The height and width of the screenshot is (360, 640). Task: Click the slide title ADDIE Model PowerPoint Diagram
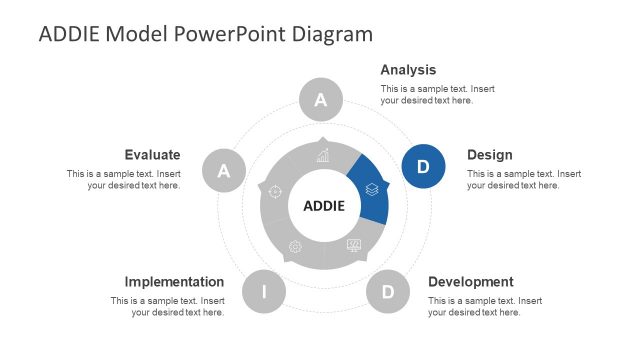click(205, 34)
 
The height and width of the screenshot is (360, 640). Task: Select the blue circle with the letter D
click(423, 166)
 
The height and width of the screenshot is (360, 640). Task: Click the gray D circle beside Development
click(387, 292)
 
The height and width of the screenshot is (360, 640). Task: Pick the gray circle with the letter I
click(264, 292)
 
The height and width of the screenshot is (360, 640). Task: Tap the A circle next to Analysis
click(321, 100)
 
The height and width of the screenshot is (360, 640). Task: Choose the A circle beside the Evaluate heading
click(224, 171)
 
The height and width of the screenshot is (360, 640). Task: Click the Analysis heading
click(408, 70)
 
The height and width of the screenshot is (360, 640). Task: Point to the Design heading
click(489, 155)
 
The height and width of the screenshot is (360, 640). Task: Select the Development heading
click(470, 282)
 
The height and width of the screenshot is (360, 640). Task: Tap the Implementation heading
click(174, 282)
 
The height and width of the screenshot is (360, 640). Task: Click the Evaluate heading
click(152, 155)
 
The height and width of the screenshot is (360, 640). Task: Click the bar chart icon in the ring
click(323, 156)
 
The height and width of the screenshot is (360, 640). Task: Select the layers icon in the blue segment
click(371, 188)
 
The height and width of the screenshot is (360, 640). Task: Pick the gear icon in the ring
click(294, 247)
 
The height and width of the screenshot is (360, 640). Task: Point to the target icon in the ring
click(276, 191)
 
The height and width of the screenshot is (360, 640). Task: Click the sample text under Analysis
click(437, 95)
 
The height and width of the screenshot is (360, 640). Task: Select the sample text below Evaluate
click(124, 180)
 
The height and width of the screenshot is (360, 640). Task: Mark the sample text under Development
click(485, 307)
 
